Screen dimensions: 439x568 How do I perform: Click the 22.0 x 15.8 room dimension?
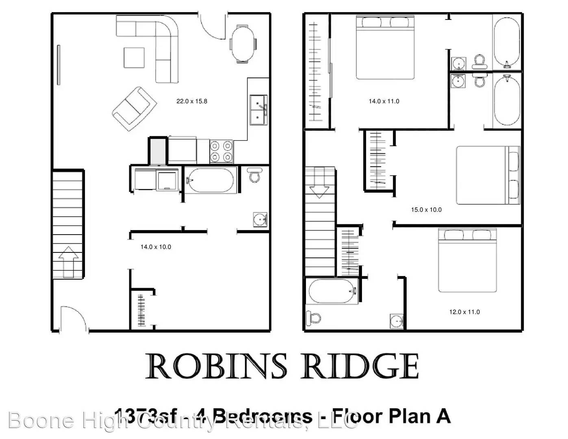tap(192, 101)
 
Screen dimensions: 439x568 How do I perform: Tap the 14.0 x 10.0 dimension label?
tap(156, 247)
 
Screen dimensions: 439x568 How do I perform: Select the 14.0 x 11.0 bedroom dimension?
tap(384, 101)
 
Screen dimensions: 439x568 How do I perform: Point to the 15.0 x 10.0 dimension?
tap(426, 210)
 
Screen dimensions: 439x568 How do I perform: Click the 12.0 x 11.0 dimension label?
tap(464, 312)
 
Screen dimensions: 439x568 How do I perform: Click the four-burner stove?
tap(221, 151)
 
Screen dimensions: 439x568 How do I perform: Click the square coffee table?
tap(134, 58)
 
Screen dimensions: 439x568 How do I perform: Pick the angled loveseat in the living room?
tap(134, 109)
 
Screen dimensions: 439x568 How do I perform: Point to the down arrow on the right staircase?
tap(319, 189)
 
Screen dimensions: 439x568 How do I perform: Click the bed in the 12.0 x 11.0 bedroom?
tap(467, 260)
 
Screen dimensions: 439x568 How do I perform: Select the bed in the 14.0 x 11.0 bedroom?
tap(385, 48)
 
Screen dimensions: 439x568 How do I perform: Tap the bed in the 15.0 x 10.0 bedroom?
tap(488, 175)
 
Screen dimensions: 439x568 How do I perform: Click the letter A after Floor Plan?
tap(443, 416)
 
